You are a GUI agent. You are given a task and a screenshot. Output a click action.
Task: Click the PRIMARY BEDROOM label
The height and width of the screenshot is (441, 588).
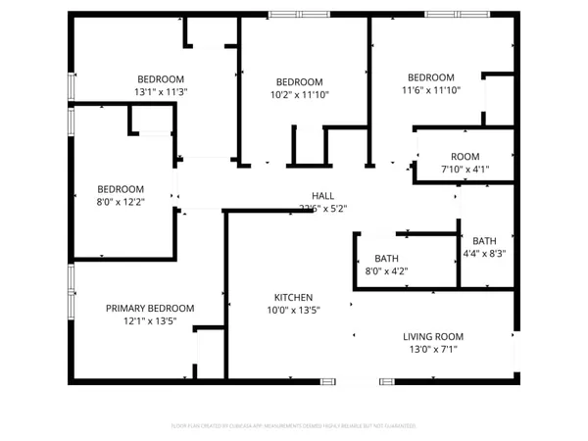pyautogui.click(x=150, y=308)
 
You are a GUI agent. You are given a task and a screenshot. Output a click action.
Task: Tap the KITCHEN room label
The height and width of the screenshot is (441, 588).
pyautogui.click(x=293, y=298)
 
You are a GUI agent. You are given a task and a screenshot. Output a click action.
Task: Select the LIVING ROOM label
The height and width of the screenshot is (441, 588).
pyautogui.click(x=432, y=336)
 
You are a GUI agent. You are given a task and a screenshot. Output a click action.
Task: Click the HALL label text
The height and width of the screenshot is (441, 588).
pyautogui.click(x=322, y=195)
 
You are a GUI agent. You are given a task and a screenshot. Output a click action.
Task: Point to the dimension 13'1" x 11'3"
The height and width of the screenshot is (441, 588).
pyautogui.click(x=161, y=92)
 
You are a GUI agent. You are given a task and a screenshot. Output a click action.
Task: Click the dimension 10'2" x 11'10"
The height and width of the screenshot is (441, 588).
pyautogui.click(x=299, y=95)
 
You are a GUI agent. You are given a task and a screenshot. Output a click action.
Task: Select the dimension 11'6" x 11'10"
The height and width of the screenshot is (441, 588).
pyautogui.click(x=431, y=91)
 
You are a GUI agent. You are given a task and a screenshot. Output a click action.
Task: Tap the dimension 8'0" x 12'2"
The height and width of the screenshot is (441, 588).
pyautogui.click(x=121, y=203)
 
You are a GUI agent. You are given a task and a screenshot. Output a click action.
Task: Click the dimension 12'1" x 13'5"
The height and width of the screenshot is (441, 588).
pyautogui.click(x=150, y=321)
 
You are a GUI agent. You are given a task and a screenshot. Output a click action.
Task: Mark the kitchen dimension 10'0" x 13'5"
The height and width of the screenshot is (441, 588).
pyautogui.click(x=293, y=311)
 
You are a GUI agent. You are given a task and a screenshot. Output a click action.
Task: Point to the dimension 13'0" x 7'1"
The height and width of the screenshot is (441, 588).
pyautogui.click(x=432, y=349)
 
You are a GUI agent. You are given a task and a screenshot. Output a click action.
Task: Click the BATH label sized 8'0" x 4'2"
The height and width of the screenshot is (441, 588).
pyautogui.click(x=386, y=259)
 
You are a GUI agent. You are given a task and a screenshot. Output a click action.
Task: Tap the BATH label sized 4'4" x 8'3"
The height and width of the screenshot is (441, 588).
pyautogui.click(x=484, y=241)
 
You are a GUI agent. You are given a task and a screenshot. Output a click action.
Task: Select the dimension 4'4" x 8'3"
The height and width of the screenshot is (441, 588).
pyautogui.click(x=484, y=254)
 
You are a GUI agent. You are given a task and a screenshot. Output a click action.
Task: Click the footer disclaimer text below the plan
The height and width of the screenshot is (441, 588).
pyautogui.click(x=294, y=425)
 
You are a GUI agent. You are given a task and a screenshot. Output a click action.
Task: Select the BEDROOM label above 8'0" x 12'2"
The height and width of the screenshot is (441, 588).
pyautogui.click(x=121, y=189)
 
